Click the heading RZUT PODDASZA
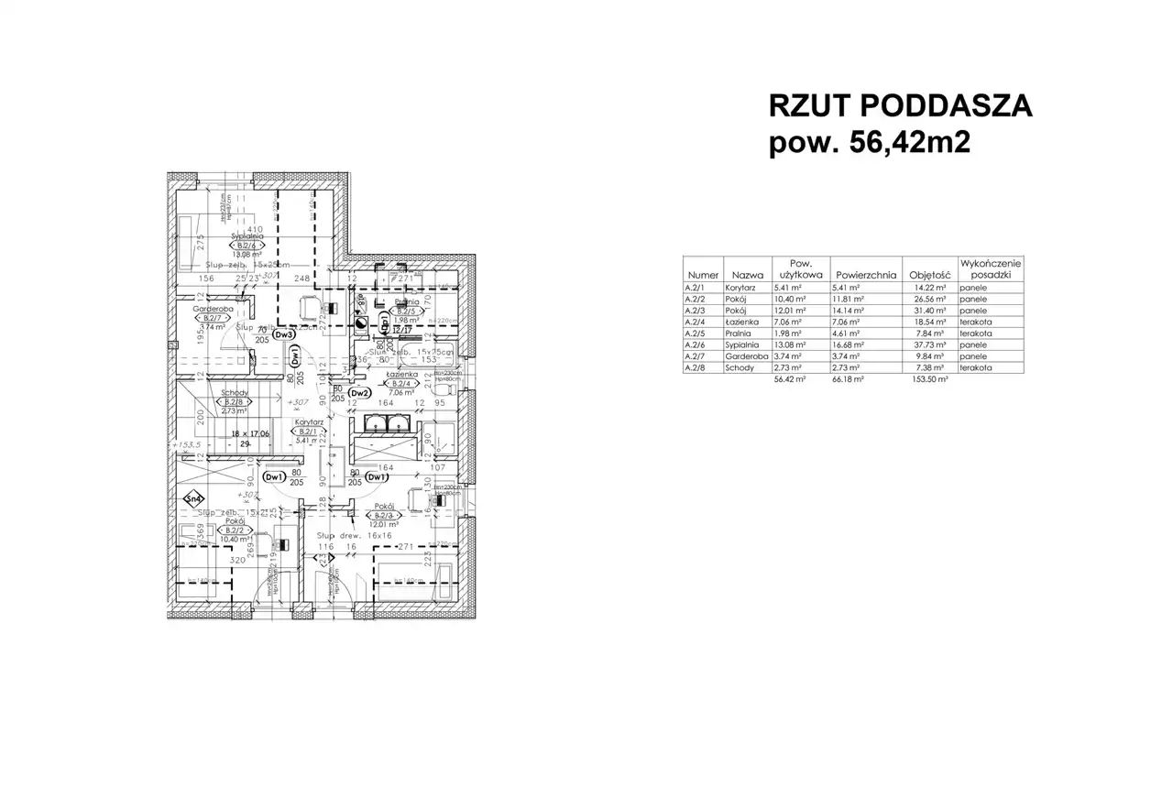pos(900,107)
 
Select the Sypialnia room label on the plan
pos(247,235)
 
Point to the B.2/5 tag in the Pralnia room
pos(406,311)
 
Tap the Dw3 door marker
pos(286,334)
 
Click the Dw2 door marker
pos(361,394)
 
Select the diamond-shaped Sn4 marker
pos(193,499)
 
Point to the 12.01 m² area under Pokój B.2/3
pos(382,525)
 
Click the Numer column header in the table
pos(703,274)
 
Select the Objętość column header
pos(926,274)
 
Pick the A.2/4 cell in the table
pos(697,323)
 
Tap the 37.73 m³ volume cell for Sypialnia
pos(927,346)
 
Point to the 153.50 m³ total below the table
pos(927,379)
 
